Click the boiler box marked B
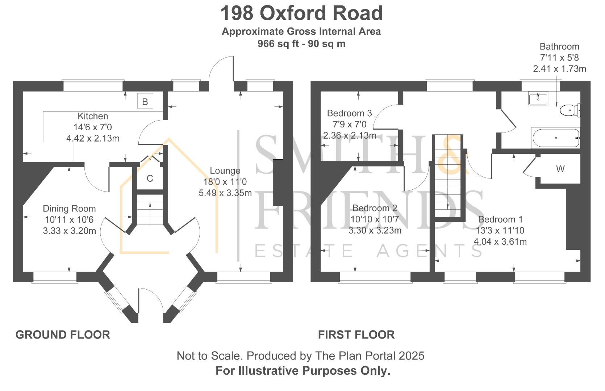145,101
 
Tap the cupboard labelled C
150,178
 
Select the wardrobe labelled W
560,169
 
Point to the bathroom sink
538,98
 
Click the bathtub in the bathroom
556,138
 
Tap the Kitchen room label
93,116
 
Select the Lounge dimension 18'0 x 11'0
225,182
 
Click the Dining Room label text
69,209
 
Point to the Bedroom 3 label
349,113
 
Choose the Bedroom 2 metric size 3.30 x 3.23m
375,230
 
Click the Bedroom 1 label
500,219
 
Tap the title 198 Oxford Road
301,13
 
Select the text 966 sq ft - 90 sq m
301,44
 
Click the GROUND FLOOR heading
63,335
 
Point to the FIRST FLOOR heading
356,335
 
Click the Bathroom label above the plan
559,47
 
